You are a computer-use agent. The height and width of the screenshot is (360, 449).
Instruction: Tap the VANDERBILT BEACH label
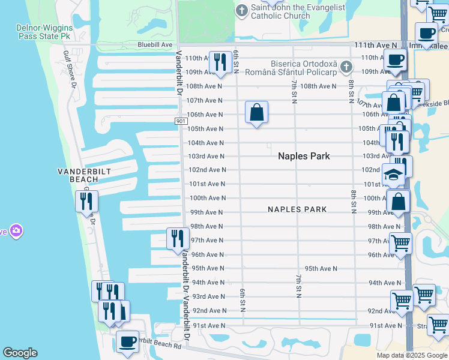77,175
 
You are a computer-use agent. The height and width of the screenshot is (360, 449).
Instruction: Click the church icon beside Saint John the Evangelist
241,10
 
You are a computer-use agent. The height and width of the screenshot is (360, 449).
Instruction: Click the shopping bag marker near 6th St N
256,112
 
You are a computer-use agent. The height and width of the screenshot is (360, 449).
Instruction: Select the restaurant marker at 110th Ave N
220,62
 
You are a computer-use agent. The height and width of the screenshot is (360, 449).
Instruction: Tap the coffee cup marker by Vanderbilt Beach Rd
127,341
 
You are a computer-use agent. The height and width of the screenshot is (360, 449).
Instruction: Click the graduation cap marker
393,176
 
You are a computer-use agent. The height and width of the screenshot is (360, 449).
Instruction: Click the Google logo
20,353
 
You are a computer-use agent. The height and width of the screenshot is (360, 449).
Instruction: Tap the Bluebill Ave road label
155,44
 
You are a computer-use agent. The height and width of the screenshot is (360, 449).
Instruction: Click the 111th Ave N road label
376,45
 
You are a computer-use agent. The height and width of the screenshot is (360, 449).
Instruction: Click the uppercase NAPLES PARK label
297,209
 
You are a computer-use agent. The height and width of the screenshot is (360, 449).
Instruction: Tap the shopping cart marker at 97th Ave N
400,244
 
